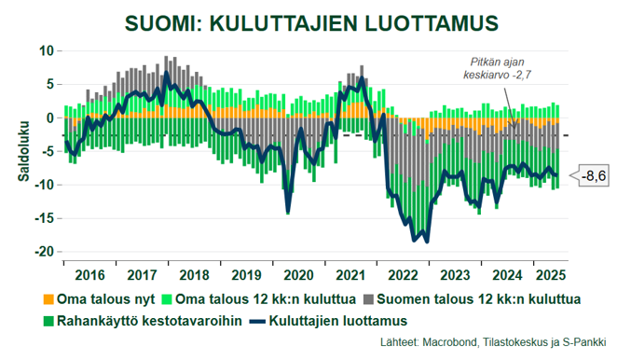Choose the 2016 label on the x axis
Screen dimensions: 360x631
tap(89, 276)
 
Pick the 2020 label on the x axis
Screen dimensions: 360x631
tap(298, 276)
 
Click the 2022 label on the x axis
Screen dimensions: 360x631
tap(403, 276)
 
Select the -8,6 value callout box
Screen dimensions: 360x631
tap(593, 175)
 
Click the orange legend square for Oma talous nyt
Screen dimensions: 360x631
tap(49, 299)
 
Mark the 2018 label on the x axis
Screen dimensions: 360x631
tap(193, 276)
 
